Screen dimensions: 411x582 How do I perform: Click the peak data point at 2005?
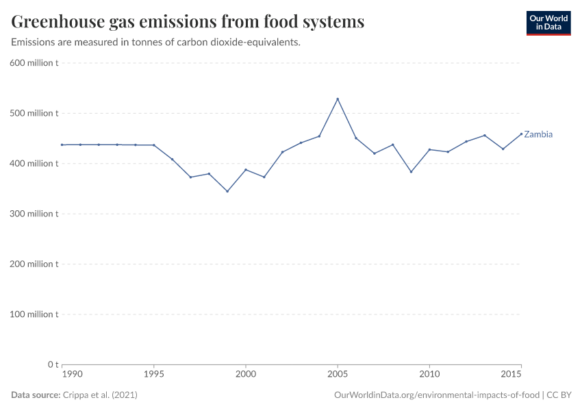click(x=338, y=99)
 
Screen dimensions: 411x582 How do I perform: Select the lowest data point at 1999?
click(x=227, y=191)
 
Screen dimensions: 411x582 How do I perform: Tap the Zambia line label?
click(x=538, y=134)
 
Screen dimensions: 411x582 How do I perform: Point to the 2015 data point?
click(x=521, y=134)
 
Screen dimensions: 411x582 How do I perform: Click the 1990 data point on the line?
click(x=62, y=145)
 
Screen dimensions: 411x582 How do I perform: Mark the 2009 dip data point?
click(x=411, y=172)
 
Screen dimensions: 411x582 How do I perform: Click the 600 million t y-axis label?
click(x=34, y=63)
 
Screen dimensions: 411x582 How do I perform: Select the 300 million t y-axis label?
click(x=34, y=214)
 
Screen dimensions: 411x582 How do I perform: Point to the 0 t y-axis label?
click(x=52, y=364)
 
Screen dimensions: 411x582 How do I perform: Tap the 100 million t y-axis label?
click(x=34, y=314)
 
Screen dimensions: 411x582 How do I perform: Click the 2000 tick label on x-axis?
click(x=246, y=375)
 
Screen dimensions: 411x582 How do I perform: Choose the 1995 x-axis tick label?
click(x=154, y=375)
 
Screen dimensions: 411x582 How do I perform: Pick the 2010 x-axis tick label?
click(x=429, y=375)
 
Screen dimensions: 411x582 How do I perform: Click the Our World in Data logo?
click(x=548, y=23)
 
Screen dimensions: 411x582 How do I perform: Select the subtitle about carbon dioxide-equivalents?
click(x=156, y=42)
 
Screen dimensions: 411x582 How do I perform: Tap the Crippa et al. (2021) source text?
click(x=103, y=395)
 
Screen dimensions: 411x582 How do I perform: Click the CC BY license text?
click(x=560, y=395)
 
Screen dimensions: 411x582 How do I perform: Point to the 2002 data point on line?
click(x=282, y=152)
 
